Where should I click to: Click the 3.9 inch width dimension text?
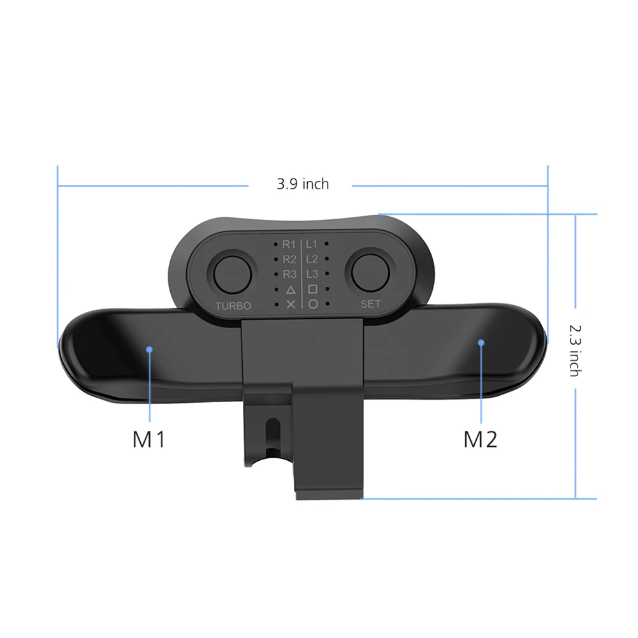(303, 184)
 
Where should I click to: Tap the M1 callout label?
(149, 439)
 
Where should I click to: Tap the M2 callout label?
(480, 439)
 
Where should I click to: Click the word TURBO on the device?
(233, 306)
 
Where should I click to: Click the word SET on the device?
(370, 304)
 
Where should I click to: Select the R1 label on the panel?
(289, 244)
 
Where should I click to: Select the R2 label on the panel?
(289, 259)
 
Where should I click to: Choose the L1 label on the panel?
(312, 243)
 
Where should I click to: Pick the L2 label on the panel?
(312, 259)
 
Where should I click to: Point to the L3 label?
(312, 274)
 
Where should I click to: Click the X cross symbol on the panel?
(291, 305)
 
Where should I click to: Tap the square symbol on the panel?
(312, 289)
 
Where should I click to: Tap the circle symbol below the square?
(312, 304)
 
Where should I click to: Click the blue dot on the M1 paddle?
(149, 349)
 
